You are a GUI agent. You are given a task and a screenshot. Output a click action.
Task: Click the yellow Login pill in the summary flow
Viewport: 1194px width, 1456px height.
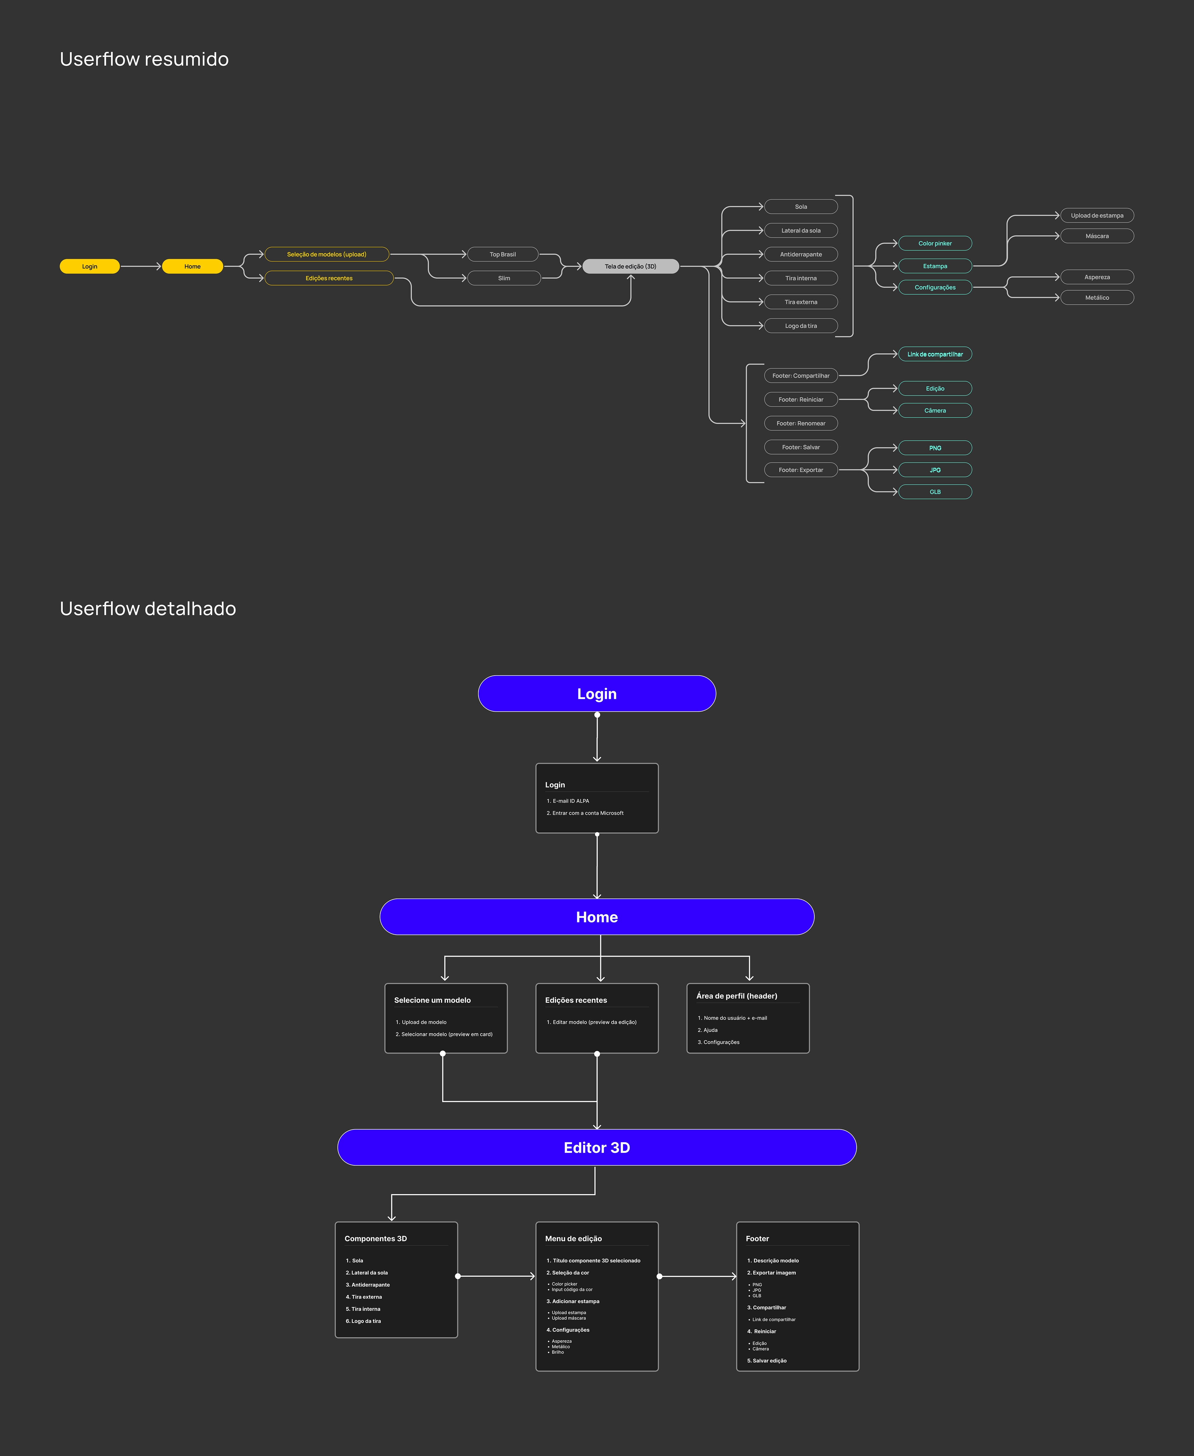[x=90, y=266]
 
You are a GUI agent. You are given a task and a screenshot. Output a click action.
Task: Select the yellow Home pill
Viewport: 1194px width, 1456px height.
[x=192, y=266]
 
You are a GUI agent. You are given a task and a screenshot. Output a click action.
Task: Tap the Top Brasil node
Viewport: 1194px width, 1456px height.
[x=503, y=254]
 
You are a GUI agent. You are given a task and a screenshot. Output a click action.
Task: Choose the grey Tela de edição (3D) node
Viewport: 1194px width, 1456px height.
[x=630, y=266]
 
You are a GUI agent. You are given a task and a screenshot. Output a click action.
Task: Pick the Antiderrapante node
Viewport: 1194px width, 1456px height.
[x=801, y=254]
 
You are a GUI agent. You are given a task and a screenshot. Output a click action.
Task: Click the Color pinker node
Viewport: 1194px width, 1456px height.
[x=935, y=243]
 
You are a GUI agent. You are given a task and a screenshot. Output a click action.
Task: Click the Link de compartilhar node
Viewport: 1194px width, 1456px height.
[x=935, y=354]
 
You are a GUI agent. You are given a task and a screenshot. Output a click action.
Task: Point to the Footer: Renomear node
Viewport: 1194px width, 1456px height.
[x=801, y=423]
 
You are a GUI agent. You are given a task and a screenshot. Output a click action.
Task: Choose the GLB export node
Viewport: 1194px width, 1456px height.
[x=935, y=492]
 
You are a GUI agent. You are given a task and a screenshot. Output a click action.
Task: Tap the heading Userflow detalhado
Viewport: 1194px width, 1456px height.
[x=148, y=609]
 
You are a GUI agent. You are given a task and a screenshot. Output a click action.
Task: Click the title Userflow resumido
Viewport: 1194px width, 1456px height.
[x=145, y=59]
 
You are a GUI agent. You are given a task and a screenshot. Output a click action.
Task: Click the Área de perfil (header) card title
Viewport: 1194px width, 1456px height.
[x=737, y=996]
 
